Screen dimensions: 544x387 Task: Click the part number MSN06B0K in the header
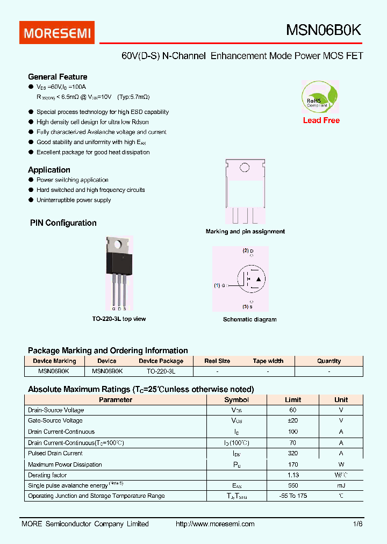click(324, 31)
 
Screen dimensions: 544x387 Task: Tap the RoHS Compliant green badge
click(320, 97)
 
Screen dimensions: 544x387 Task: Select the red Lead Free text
click(321, 120)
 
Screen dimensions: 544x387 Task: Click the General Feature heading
click(58, 77)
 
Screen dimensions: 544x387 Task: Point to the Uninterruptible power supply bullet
click(74, 200)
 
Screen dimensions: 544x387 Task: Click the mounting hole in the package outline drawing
click(245, 168)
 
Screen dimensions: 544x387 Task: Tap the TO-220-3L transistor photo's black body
click(119, 263)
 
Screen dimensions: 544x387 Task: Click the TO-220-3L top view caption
click(119, 319)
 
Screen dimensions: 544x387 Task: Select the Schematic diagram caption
click(249, 319)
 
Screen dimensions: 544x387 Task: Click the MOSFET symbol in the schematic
click(251, 280)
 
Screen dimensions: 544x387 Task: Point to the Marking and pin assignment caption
click(245, 232)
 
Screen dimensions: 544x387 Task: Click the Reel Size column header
click(217, 361)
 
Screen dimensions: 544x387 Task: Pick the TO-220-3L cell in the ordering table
click(161, 371)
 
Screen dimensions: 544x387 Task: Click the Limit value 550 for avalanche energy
click(293, 485)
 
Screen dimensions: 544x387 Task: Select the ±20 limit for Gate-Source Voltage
click(293, 421)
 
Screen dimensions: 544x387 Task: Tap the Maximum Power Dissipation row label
click(64, 464)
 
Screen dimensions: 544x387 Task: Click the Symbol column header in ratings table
click(236, 400)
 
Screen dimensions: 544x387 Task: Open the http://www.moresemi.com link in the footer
click(215, 524)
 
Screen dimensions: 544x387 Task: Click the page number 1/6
click(358, 524)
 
